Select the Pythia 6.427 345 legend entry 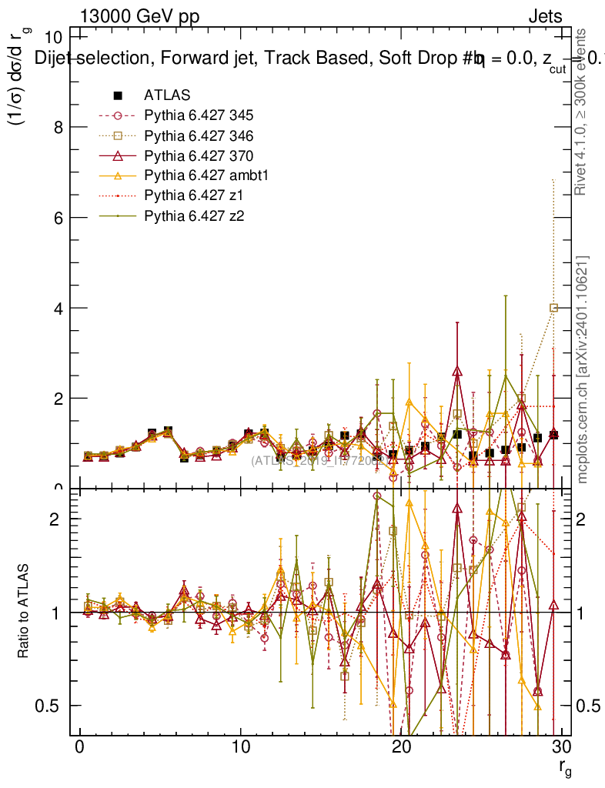(x=199, y=115)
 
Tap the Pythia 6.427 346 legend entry (x=199, y=135)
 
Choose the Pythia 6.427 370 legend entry (x=199, y=155)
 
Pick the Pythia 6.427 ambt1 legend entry (x=205, y=175)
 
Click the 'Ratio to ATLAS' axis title (x=25, y=612)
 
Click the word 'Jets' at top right (x=544, y=16)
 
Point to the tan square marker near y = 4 (x=553, y=308)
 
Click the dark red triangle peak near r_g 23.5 (x=457, y=371)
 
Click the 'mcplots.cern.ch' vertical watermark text (x=583, y=369)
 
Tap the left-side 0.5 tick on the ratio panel (x=52, y=706)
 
